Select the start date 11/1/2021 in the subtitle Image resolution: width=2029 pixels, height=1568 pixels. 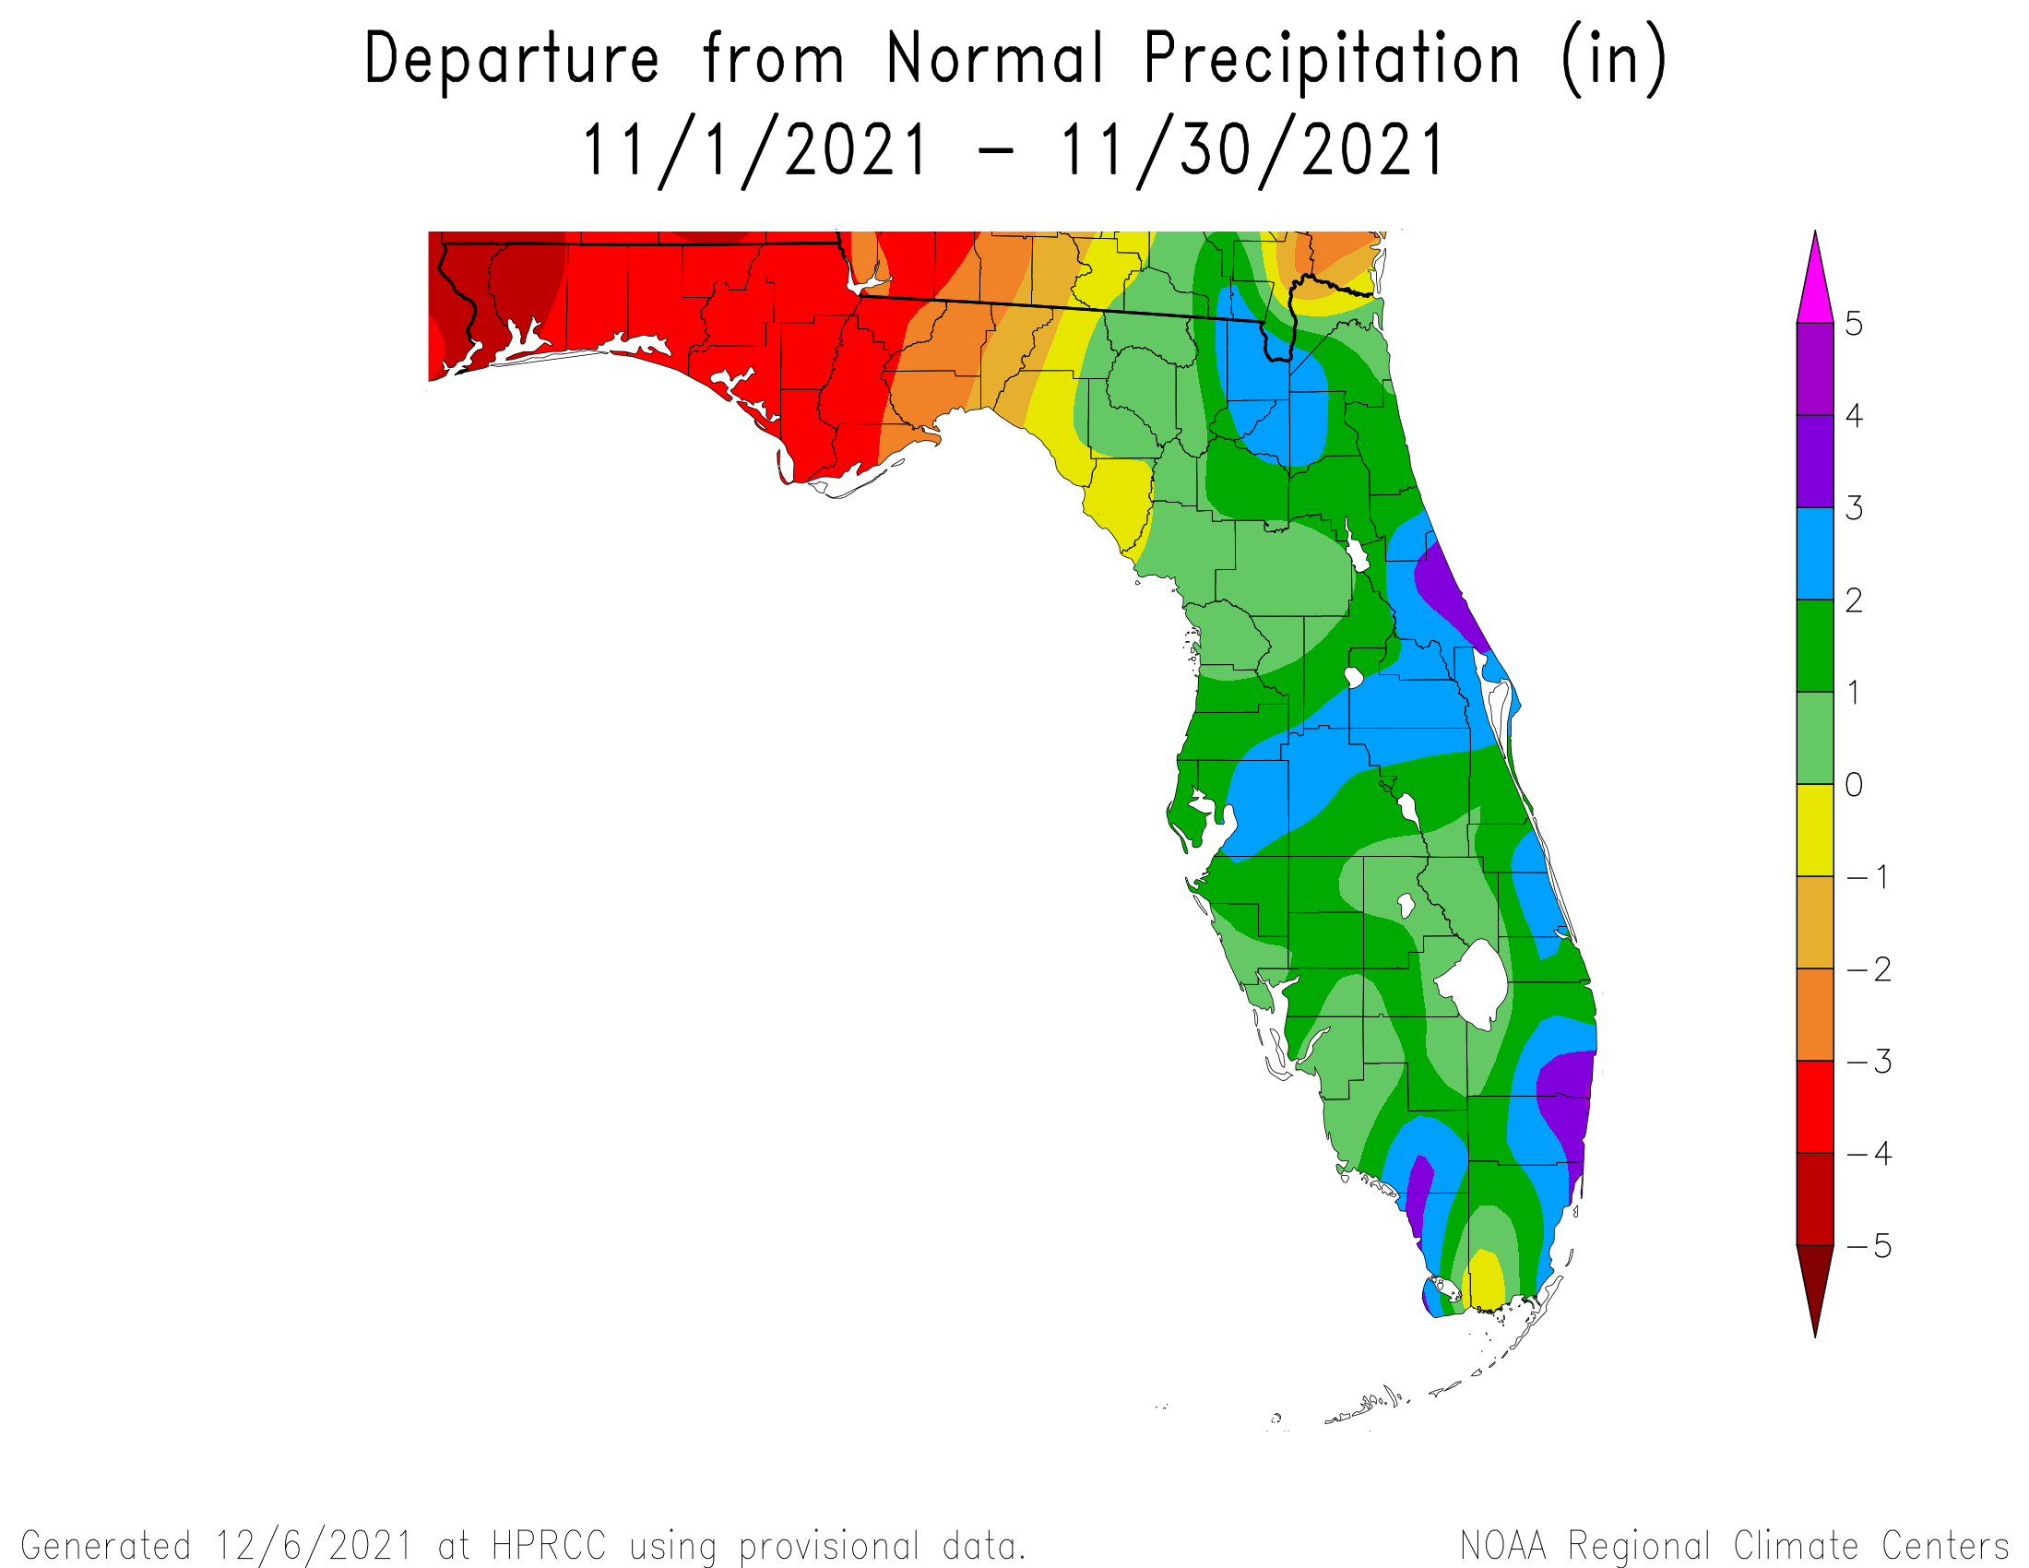click(755, 151)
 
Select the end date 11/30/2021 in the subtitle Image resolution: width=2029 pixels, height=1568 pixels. click(1252, 151)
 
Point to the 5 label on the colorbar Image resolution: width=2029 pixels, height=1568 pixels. click(1854, 324)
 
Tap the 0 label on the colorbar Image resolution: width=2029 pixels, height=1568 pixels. click(1854, 785)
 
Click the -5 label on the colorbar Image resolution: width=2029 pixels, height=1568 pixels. click(1869, 1246)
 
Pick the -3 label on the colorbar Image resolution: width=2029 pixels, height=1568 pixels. click(1869, 1061)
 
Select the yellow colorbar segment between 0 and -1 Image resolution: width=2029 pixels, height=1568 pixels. click(1815, 830)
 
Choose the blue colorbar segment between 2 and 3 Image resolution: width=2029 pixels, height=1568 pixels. click(1815, 553)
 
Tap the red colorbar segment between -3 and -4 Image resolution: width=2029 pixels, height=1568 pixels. click(1815, 1106)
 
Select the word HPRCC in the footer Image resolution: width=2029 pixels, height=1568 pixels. click(549, 1546)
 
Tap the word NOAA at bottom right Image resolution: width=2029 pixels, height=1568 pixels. click(1503, 1546)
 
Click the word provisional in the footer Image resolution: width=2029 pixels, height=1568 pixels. click(829, 1547)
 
